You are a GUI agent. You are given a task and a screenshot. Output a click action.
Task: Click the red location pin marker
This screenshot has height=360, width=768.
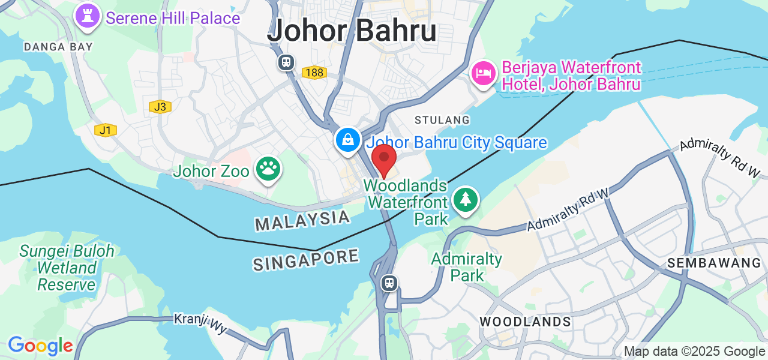[384, 159]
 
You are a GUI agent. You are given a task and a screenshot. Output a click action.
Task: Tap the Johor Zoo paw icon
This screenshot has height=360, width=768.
[268, 170]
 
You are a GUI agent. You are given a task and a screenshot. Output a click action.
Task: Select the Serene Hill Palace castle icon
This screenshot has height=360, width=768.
[88, 17]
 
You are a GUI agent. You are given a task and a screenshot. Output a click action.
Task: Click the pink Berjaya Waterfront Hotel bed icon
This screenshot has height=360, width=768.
[484, 74]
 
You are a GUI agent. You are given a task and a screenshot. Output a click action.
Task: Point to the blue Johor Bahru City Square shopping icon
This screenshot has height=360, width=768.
[347, 141]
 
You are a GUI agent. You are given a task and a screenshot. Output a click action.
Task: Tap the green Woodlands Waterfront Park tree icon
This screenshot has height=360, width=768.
[466, 200]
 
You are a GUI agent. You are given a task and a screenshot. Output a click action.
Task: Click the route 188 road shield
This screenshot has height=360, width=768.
[314, 73]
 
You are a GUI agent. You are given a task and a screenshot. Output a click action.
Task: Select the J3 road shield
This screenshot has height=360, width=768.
[160, 107]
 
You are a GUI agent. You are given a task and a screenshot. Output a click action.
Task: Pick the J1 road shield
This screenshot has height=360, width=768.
[106, 130]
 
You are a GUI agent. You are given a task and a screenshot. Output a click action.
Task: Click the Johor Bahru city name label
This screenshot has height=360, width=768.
[352, 31]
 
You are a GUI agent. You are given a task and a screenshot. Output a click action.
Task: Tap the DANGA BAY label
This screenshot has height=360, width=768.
[58, 46]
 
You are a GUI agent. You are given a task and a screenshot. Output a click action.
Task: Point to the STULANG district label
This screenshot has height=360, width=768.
[442, 120]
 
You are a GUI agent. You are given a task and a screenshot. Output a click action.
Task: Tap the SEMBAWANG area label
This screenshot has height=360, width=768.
[714, 263]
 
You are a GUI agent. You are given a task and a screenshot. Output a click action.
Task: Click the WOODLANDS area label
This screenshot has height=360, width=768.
[525, 322]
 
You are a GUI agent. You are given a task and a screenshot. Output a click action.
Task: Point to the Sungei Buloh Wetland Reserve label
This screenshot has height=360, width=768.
[66, 268]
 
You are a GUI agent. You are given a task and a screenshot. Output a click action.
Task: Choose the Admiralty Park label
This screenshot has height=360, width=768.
[467, 268]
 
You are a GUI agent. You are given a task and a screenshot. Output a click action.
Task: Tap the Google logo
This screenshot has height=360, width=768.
[40, 346]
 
